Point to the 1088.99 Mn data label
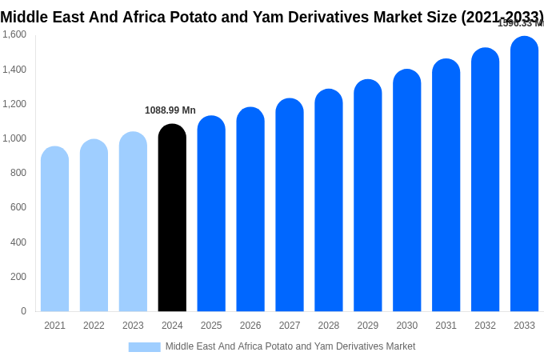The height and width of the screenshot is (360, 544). (170, 110)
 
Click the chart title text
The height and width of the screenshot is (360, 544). (272, 17)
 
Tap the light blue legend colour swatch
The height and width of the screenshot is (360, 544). (144, 347)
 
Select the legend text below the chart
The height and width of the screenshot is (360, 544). (290, 346)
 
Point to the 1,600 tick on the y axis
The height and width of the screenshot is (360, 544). (14, 34)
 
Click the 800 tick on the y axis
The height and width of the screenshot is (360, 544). (18, 173)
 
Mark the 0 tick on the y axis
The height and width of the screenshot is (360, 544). (23, 311)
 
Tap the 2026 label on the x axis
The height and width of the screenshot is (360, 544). (250, 326)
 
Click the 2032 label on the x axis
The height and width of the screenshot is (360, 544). (485, 326)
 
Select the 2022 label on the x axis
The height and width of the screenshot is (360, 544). (94, 326)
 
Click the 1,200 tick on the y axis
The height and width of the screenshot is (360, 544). (14, 104)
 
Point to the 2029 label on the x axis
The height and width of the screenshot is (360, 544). (368, 326)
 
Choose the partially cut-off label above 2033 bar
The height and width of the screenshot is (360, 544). (521, 24)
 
